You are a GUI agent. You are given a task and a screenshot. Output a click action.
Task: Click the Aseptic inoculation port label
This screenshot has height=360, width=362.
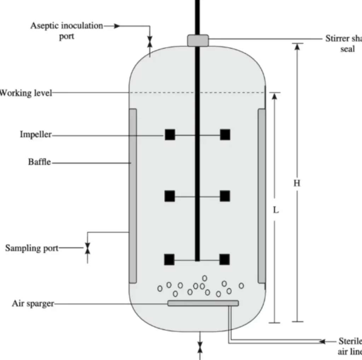(66, 31)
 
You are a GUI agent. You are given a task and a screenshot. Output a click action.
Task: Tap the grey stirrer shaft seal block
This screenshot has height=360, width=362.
(198, 40)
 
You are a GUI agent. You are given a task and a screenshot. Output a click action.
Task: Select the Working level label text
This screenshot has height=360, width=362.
(26, 93)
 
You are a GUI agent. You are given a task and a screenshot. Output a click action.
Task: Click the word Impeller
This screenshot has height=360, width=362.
(36, 135)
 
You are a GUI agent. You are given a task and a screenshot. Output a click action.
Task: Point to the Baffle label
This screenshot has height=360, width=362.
(40, 162)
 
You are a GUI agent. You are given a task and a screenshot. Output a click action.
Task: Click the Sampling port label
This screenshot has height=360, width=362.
(32, 248)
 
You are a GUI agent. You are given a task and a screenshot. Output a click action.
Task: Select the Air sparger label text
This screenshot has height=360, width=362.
(33, 303)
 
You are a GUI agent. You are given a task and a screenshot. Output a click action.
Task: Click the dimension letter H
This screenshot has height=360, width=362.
(297, 183)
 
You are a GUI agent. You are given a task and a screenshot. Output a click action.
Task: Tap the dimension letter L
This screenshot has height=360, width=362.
(276, 210)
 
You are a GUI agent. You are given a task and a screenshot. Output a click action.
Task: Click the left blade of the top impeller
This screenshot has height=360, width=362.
(170, 135)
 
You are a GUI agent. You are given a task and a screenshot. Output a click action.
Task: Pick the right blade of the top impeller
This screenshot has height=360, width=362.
(225, 135)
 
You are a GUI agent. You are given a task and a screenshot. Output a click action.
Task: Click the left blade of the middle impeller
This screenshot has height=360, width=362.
(170, 196)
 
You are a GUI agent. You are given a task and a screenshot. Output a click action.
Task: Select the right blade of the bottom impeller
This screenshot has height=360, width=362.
(224, 259)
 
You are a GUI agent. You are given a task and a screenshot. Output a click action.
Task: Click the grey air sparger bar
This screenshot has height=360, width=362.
(203, 303)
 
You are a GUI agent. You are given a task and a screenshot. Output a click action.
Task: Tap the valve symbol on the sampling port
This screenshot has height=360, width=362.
(87, 248)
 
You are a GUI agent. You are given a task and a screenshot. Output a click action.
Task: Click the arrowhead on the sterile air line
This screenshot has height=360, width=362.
(322, 342)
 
